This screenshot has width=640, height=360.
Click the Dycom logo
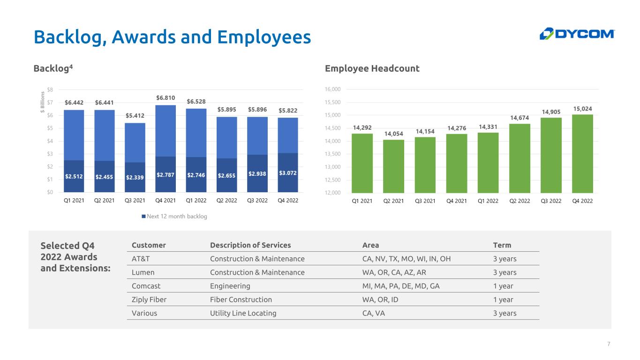[577, 34]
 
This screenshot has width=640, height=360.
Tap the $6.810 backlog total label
[166, 97]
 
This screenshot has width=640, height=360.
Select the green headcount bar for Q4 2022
[582, 154]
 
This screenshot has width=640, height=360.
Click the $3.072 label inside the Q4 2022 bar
[288, 173]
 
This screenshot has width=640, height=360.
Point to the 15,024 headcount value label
[583, 109]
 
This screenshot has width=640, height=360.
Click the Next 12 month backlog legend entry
[174, 216]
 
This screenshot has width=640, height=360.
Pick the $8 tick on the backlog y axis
[50, 90]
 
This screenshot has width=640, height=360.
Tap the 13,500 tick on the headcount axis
[332, 154]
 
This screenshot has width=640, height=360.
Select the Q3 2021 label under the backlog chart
[135, 201]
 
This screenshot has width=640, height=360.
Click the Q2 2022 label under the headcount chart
[520, 201]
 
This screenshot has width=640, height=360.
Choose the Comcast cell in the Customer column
[146, 286]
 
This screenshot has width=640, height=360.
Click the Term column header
[502, 245]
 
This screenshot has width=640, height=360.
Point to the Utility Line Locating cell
[243, 313]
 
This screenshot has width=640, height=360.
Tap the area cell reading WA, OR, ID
[380, 300]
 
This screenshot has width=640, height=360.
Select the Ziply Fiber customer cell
[149, 300]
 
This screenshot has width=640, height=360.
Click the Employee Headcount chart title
[372, 68]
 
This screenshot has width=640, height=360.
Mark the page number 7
[609, 344]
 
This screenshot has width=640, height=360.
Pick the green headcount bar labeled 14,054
[393, 166]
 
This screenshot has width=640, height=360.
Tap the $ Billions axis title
[43, 102]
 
